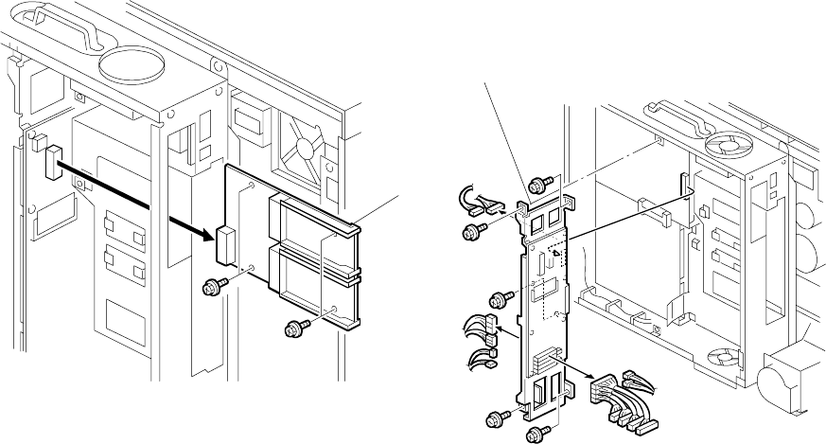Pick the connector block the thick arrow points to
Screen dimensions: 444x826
(x=227, y=244)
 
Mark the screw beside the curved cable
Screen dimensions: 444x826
(x=471, y=231)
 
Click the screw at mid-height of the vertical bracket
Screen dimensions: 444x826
(x=498, y=301)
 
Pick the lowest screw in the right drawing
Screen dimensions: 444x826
(x=535, y=434)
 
